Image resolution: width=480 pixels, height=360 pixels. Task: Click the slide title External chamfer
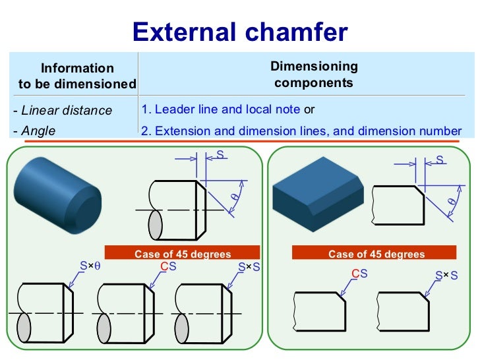[240, 32]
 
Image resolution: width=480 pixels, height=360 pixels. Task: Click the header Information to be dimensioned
[77, 76]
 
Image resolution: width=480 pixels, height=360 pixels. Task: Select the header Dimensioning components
[314, 75]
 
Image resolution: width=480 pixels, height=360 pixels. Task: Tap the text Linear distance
[63, 110]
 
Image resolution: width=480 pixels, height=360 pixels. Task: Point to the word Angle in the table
[38, 131]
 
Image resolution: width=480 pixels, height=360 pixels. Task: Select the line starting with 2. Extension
[301, 131]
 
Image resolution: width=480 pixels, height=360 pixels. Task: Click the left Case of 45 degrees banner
[183, 254]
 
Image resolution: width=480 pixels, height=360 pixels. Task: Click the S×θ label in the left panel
[90, 266]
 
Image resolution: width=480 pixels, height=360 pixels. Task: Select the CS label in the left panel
[168, 266]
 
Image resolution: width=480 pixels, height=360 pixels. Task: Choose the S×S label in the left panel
[249, 267]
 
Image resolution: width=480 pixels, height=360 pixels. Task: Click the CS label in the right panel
[359, 273]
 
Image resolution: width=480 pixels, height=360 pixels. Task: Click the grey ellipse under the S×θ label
[24, 327]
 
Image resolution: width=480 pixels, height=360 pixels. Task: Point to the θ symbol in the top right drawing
[452, 201]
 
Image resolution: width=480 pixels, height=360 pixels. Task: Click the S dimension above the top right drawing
[440, 160]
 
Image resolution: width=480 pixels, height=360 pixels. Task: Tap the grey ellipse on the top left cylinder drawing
[155, 225]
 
